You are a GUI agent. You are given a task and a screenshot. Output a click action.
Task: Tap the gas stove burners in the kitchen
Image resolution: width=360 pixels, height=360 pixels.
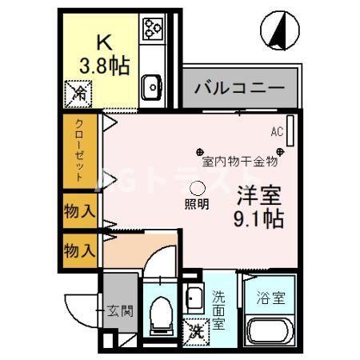(x=152, y=30)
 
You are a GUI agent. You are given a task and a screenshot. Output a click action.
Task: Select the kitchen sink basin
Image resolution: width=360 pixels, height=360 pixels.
(x=150, y=86)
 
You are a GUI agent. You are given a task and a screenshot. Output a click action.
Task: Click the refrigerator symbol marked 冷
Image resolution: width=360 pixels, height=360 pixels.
(x=80, y=94)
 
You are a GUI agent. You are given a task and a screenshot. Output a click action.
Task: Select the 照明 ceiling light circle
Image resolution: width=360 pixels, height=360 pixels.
(x=197, y=188)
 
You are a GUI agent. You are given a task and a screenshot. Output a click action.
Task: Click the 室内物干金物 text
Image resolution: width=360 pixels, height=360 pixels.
(x=239, y=161)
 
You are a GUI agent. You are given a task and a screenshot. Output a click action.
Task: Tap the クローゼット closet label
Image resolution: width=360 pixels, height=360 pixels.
(x=80, y=152)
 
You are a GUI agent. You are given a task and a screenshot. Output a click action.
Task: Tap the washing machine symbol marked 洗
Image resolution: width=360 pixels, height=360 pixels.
(x=195, y=328)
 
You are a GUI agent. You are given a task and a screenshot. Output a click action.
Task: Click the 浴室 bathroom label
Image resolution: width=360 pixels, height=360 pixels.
(x=269, y=298)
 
